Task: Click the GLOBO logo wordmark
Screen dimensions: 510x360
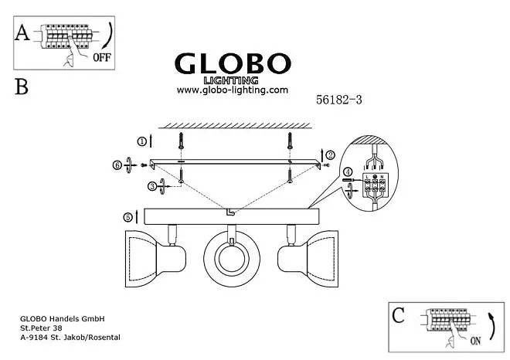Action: (233, 63)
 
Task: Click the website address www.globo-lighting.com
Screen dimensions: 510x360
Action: (233, 90)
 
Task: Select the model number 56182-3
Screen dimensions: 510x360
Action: (339, 100)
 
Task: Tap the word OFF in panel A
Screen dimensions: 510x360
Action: (102, 58)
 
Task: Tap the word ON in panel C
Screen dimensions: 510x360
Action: (475, 341)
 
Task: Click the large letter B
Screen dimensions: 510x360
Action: (22, 87)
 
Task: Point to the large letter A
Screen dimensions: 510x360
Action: (22, 33)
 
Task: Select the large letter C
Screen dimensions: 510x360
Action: (398, 315)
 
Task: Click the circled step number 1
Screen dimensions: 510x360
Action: (142, 142)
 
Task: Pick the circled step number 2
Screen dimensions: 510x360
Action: (330, 155)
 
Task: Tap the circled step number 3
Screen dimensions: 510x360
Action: (152, 187)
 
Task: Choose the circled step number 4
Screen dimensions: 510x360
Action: (348, 172)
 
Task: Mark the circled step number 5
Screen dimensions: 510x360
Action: (127, 217)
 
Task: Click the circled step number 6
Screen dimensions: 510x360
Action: (117, 165)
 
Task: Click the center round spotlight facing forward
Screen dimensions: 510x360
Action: (232, 259)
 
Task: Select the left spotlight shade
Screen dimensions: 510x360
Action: (141, 259)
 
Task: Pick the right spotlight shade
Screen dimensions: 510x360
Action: (323, 259)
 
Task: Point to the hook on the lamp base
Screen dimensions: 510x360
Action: (231, 212)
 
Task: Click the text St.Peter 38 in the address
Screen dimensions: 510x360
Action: (41, 328)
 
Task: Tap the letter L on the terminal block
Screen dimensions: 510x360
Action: (368, 177)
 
